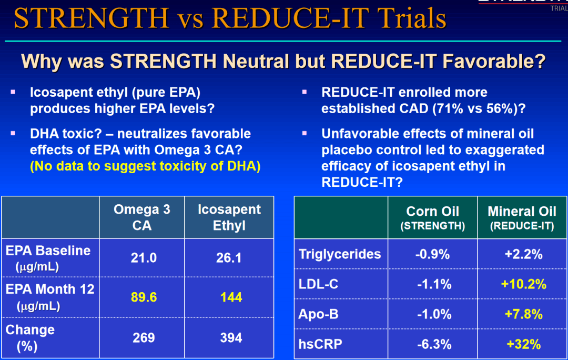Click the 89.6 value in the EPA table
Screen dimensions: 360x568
[x=144, y=297]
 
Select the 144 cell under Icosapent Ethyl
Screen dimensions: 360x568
[x=231, y=297]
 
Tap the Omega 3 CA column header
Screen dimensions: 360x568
[x=142, y=217]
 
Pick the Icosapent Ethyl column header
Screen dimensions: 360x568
[x=229, y=217]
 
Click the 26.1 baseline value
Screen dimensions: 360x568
[x=229, y=258]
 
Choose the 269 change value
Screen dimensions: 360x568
[x=144, y=337]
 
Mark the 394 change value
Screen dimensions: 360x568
[x=231, y=337]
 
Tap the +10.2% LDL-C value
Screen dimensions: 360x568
[x=523, y=285]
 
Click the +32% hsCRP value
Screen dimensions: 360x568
[x=523, y=345]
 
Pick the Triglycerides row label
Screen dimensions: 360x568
[x=340, y=254]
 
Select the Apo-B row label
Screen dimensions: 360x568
[x=319, y=315]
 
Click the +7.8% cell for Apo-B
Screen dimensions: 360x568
[x=523, y=315]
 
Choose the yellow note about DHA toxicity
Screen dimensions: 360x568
[x=146, y=166]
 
